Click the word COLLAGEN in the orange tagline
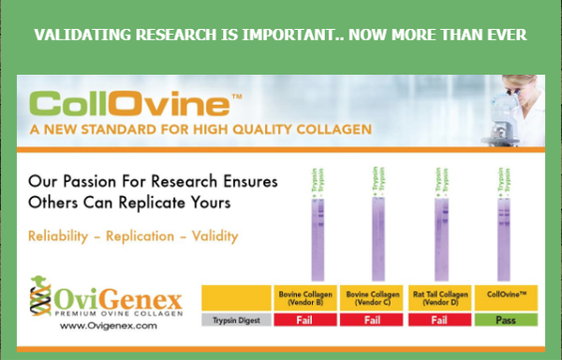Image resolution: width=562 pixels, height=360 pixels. (x=322, y=128)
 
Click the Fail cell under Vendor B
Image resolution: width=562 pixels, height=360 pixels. (x=303, y=320)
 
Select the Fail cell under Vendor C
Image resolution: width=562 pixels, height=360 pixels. (x=373, y=320)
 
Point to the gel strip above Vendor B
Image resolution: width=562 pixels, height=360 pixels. (x=318, y=234)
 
